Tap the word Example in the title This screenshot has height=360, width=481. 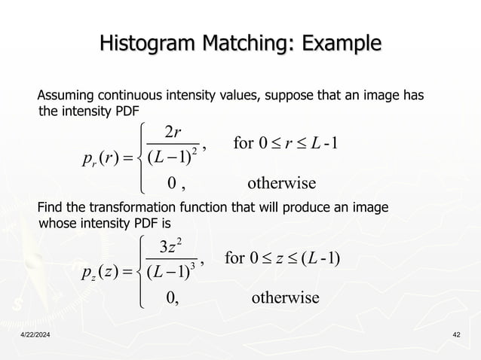click(x=334, y=44)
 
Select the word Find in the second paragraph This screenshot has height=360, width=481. click(x=50, y=209)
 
